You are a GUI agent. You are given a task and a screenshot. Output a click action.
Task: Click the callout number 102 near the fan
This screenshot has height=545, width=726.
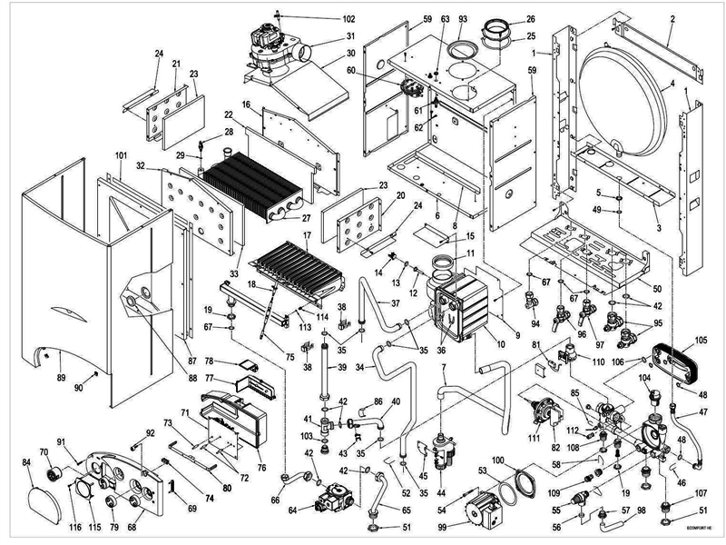(323, 19)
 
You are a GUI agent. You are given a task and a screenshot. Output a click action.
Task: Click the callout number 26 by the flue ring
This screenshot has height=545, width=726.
(531, 19)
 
